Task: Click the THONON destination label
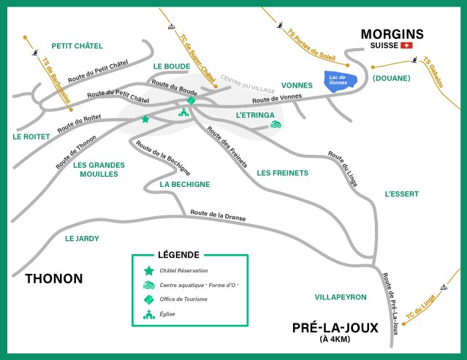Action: coord(54,278)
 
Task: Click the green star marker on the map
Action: coord(145,119)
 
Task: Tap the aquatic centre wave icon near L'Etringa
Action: coord(276,125)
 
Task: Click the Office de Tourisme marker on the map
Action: coord(191,99)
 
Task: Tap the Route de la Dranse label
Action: coord(218,215)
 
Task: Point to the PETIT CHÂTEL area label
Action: coord(77,46)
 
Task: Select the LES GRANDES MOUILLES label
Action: coord(100,170)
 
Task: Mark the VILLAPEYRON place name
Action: coord(340,297)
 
